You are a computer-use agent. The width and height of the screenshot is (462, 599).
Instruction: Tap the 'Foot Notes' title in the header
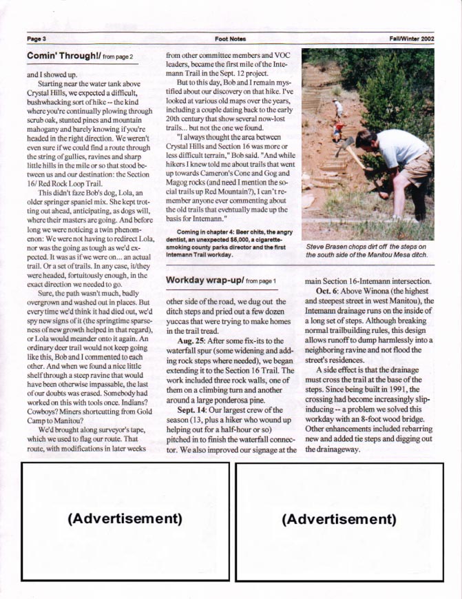click(x=230, y=39)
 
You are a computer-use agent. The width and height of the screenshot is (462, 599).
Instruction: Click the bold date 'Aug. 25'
click(x=191, y=341)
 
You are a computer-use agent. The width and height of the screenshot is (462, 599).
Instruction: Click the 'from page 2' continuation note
click(x=117, y=55)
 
